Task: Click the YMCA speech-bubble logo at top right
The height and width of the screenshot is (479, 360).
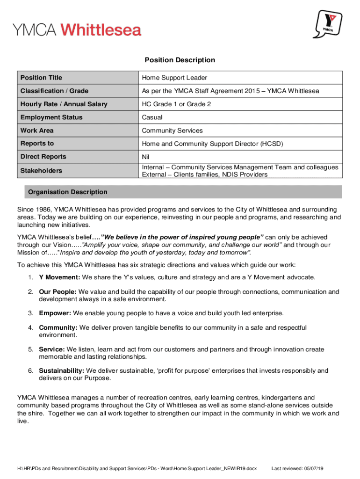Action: tap(331, 24)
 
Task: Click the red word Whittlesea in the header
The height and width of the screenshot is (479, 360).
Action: tap(101, 30)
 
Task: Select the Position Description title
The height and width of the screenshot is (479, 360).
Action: tap(180, 60)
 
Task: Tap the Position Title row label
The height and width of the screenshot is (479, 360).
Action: tap(41, 78)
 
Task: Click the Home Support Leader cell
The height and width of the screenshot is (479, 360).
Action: tap(174, 78)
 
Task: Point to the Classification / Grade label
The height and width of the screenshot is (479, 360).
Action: tap(54, 91)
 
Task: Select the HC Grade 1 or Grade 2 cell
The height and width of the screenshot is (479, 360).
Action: tap(176, 104)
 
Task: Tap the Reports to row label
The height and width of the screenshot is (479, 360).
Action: tap(37, 144)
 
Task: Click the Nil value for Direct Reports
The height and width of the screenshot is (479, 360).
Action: tap(146, 157)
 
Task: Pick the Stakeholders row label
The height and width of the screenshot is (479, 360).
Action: tap(41, 171)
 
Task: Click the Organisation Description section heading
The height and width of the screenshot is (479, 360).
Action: tap(68, 192)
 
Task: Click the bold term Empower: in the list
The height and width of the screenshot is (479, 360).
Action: tap(55, 313)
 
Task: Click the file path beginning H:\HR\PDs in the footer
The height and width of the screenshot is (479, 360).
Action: tap(137, 468)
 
